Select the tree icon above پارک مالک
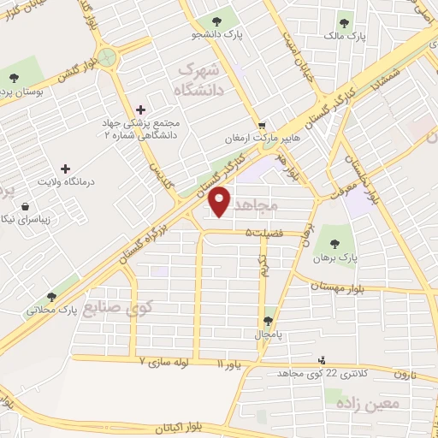click(345, 23)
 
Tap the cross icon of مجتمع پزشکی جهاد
click(141, 109)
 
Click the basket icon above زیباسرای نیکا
click(25, 206)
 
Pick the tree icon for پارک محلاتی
click(52, 295)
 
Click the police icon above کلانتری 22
click(322, 360)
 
